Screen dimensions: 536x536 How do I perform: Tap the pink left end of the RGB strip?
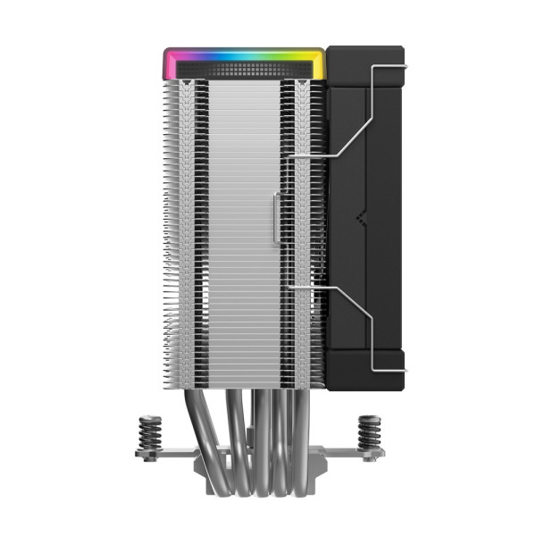169,64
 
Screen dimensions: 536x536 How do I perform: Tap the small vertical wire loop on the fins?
276,214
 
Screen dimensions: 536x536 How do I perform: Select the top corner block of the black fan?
366,67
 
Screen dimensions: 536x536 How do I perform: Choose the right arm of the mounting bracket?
348,454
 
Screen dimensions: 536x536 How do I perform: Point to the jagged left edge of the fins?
167,223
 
